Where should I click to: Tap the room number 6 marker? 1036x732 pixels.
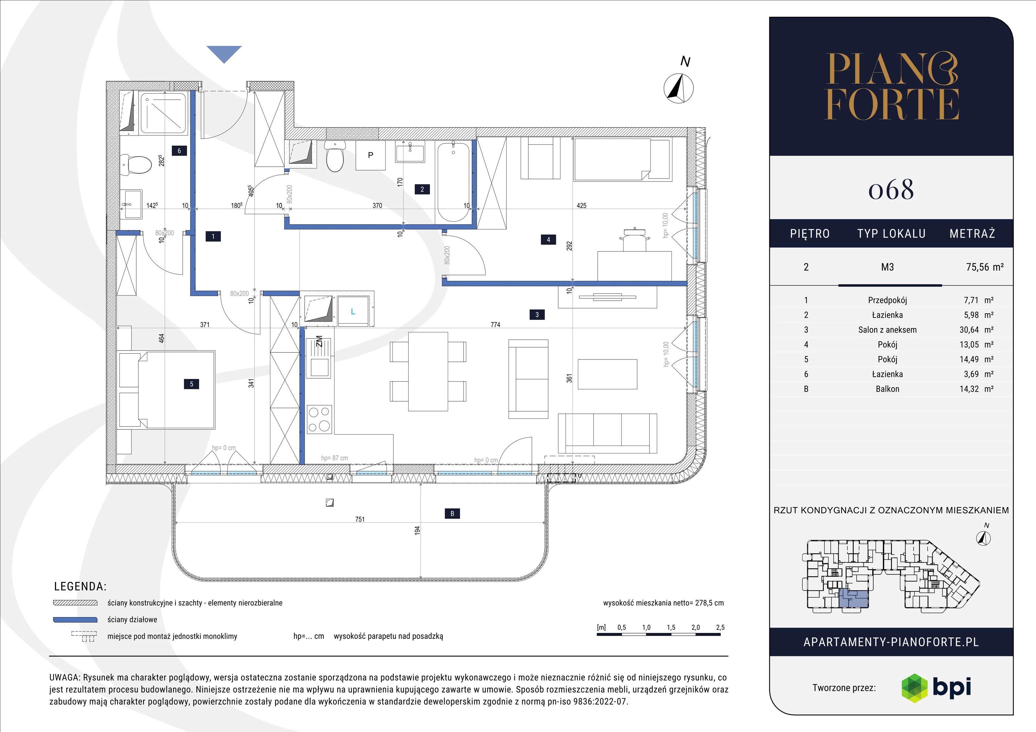pyautogui.click(x=179, y=151)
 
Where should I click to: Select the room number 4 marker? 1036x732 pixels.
pyautogui.click(x=548, y=239)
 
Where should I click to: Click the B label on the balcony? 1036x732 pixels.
pyautogui.click(x=452, y=513)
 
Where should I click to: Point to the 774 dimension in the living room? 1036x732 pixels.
pyautogui.click(x=495, y=324)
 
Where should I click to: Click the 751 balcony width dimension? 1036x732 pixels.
pyautogui.click(x=360, y=519)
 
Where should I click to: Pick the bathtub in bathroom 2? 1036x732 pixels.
pyautogui.click(x=454, y=182)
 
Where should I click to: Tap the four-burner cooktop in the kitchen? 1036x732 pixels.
pyautogui.click(x=320, y=419)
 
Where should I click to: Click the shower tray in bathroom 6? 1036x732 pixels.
pyautogui.click(x=163, y=113)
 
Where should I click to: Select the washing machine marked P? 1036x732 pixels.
pyautogui.click(x=370, y=155)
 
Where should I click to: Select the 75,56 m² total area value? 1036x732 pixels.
pyautogui.click(x=985, y=267)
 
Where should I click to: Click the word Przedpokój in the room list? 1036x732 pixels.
pyautogui.click(x=887, y=300)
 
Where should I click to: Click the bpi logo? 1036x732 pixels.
pyautogui.click(x=936, y=688)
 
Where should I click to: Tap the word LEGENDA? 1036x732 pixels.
pyautogui.click(x=80, y=586)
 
